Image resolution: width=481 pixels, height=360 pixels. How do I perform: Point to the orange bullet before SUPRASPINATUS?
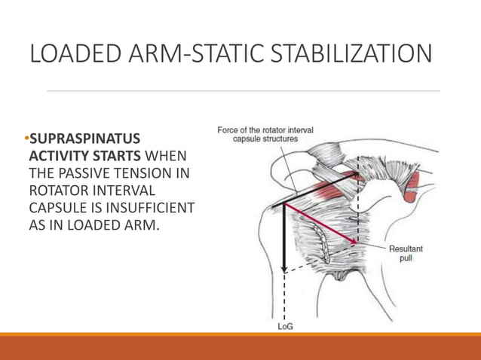[x=25, y=141]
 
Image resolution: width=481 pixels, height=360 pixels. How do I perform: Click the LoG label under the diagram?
[x=285, y=326]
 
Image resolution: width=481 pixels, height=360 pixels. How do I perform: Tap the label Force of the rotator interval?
[x=265, y=130]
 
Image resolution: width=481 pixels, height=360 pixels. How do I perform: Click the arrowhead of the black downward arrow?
[x=283, y=268]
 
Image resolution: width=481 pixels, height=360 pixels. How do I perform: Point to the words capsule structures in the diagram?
[x=265, y=139]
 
